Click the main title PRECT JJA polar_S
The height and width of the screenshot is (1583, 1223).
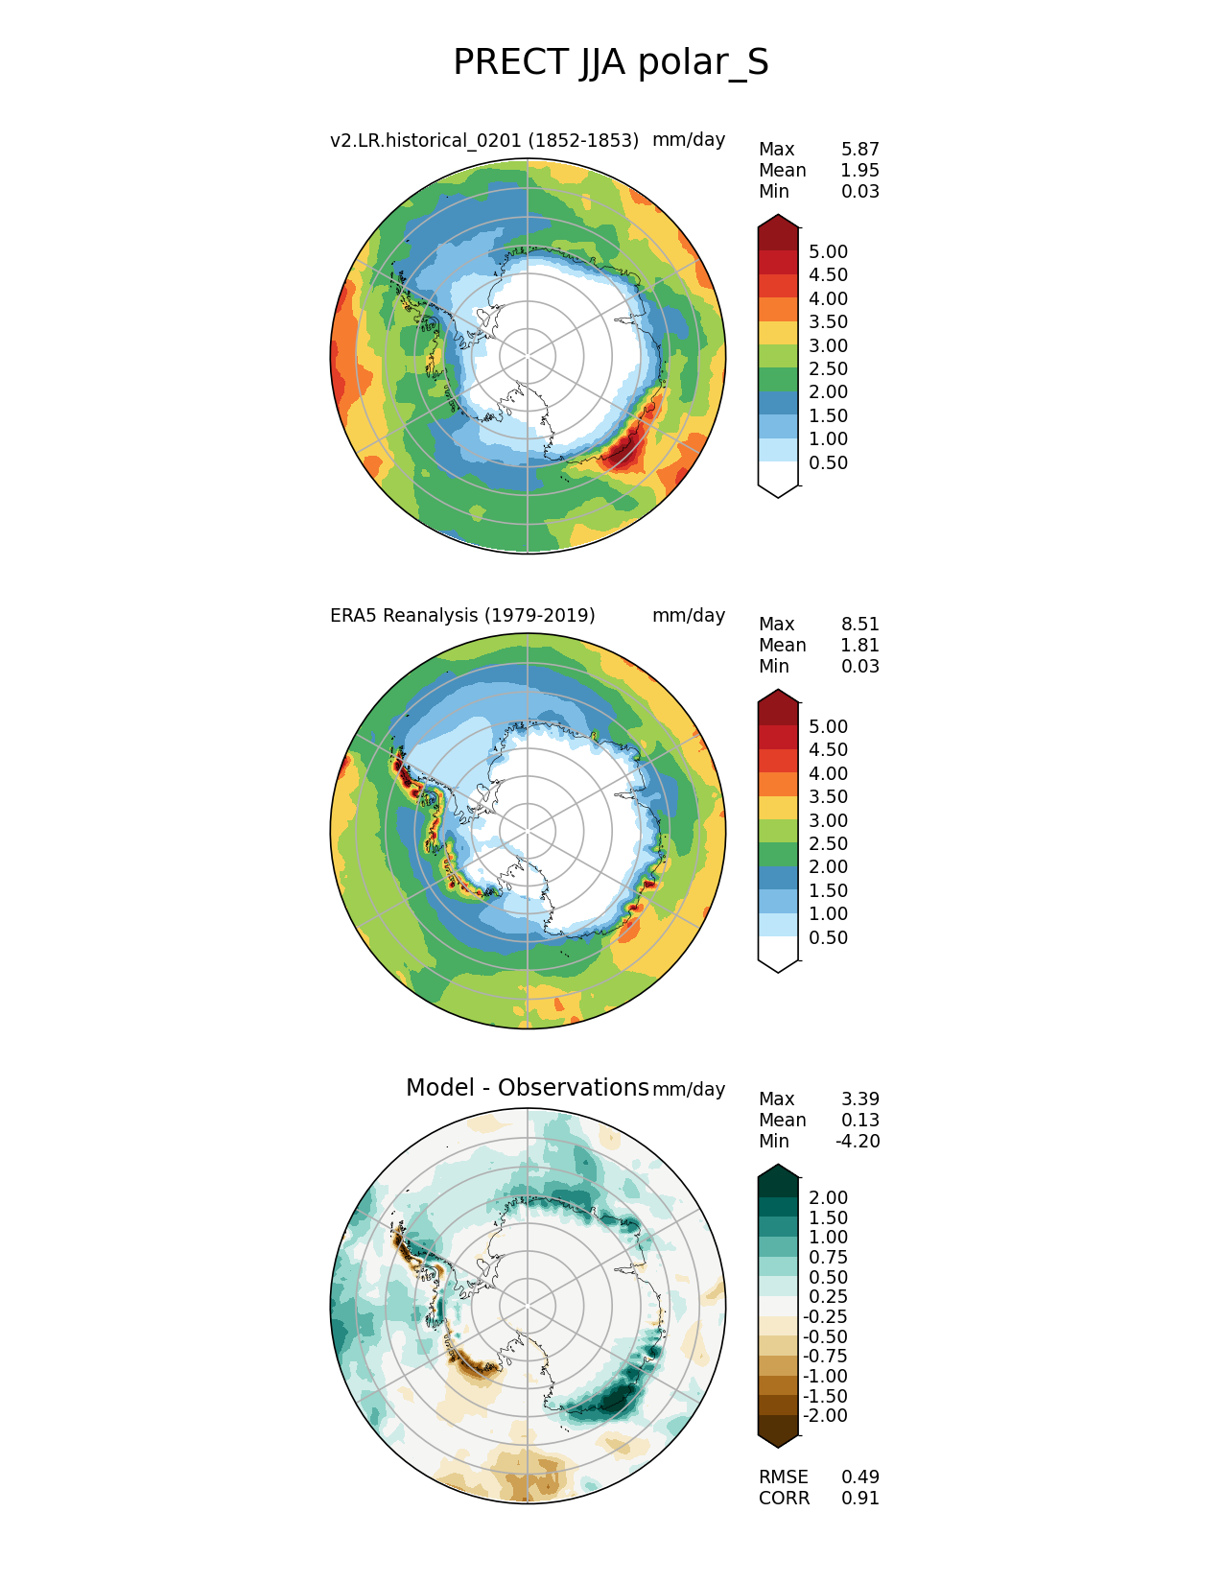coord(610,63)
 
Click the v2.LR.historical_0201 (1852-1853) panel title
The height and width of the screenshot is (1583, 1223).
coord(484,140)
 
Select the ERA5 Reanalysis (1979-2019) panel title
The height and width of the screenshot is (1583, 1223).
coord(462,615)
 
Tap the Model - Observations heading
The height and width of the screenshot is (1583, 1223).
coord(527,1087)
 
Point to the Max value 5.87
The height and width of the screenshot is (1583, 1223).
coord(859,149)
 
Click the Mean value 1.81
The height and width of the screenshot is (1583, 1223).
coord(859,645)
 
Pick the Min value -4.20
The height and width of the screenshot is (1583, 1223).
coord(858,1141)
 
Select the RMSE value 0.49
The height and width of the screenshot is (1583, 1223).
coord(859,1477)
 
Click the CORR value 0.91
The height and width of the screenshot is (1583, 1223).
coord(859,1498)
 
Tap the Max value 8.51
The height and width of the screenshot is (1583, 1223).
coord(859,624)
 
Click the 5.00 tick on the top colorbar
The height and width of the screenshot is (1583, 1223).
coord(828,251)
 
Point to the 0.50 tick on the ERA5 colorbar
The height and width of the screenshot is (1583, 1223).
coord(828,937)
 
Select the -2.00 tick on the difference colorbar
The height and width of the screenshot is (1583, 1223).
coord(825,1415)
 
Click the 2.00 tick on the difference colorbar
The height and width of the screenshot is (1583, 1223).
coord(828,1197)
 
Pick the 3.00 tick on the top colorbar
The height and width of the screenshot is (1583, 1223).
coord(828,345)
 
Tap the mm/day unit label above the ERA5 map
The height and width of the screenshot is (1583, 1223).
coord(688,615)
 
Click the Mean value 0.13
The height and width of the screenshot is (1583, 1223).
coord(859,1120)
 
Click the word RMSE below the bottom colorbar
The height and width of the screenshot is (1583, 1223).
coord(783,1477)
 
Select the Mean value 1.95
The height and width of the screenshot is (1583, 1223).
coord(859,170)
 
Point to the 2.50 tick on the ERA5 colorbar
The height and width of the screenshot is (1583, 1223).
coord(828,843)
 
